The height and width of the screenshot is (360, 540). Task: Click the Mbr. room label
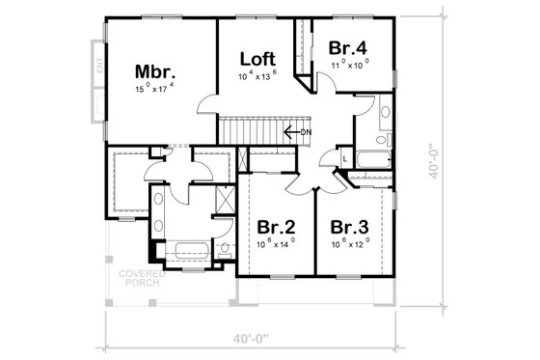[x=153, y=71]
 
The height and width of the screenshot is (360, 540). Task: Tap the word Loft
[x=257, y=57]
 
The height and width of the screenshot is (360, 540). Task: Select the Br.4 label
[x=346, y=47]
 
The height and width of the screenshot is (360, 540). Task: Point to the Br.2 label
[x=275, y=227]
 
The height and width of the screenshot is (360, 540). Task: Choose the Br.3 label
[x=350, y=227]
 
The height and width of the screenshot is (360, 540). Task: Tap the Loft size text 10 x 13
[x=257, y=73]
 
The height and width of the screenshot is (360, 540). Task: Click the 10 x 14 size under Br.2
[x=275, y=243]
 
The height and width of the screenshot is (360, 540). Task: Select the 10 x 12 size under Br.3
[x=350, y=243]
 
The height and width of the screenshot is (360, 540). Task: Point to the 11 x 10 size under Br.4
[x=346, y=64]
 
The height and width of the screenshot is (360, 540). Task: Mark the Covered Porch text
[x=141, y=277]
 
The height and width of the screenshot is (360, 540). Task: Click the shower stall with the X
[x=224, y=203]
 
